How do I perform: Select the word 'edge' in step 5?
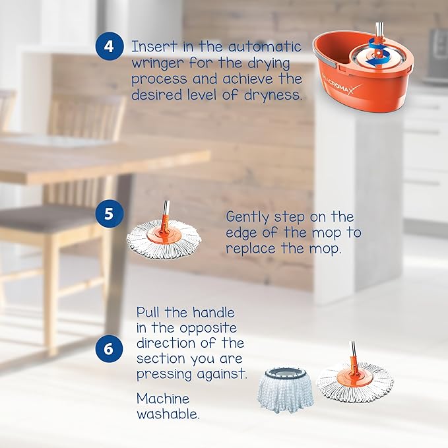[x=243, y=233]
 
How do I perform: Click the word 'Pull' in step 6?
[x=151, y=312]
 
